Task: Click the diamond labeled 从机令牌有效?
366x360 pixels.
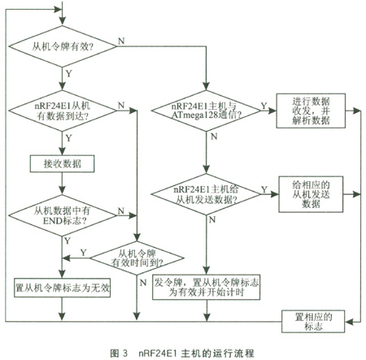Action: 63,46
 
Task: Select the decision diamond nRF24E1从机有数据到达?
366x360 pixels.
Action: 63,111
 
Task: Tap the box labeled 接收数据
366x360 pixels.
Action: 62,163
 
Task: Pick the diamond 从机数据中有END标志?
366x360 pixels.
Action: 63,215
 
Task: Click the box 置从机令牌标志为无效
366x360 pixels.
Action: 62,288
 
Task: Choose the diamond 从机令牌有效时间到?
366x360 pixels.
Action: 137,258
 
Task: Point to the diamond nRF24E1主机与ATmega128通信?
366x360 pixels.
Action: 206,111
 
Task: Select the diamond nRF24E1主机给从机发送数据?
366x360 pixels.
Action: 206,194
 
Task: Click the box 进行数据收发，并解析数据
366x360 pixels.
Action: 311,111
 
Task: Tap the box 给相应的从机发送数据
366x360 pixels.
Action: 311,194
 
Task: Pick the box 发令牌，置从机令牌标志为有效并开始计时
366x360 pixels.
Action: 206,287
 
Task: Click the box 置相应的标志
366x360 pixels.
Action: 313,322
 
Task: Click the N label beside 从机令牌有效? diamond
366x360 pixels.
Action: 121,41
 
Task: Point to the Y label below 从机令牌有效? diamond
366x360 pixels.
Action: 69,74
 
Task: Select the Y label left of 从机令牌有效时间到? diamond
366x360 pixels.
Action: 84,253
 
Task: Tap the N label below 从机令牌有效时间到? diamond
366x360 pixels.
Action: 143,283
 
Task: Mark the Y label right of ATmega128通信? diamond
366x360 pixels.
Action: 264,106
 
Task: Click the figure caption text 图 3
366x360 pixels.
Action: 119,353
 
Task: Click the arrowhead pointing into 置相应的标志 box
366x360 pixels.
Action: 349,322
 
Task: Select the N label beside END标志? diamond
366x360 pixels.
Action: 121,210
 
